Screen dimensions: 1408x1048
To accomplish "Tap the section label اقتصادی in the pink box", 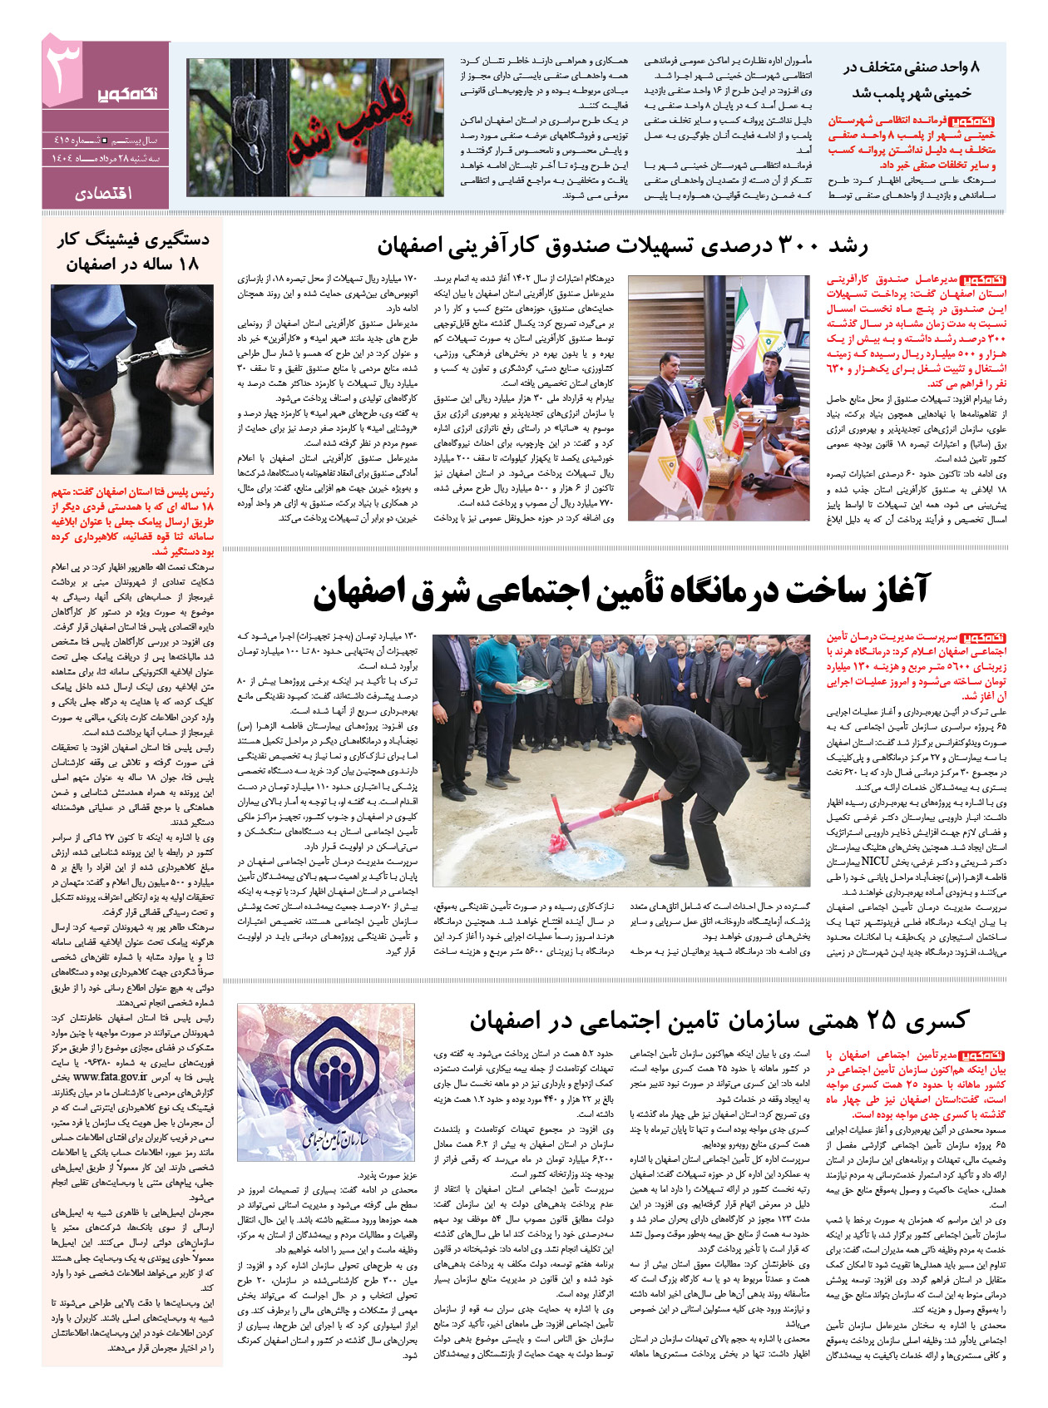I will pos(106,193).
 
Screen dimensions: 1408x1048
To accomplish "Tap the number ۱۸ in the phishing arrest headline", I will pos(189,264).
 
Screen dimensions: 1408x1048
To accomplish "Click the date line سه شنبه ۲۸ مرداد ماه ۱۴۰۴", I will pos(106,157).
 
